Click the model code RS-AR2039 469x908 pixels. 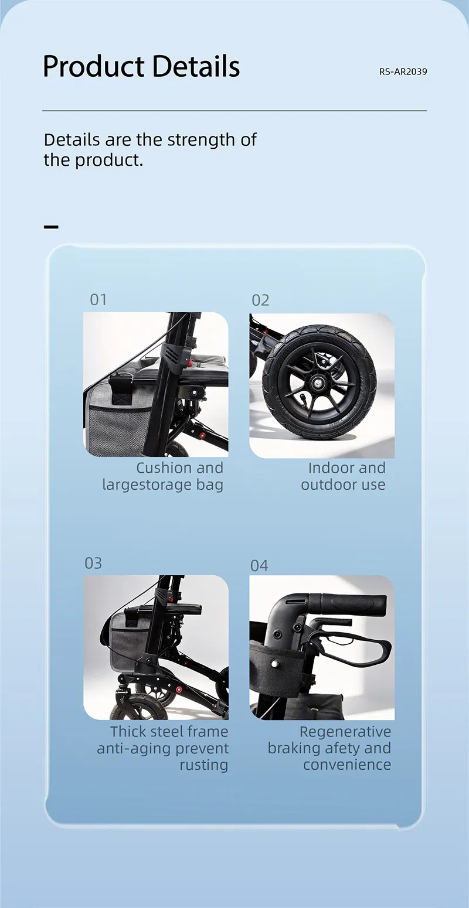[x=403, y=71]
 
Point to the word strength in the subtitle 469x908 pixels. [x=202, y=140]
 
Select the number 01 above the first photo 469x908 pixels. [x=98, y=300]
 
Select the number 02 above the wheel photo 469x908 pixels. [x=260, y=301]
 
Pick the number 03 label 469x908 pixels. [x=93, y=563]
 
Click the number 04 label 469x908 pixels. [x=259, y=565]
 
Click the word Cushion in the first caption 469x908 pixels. [x=164, y=468]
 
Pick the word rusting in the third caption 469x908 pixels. [x=203, y=765]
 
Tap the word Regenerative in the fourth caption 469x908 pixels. [x=345, y=732]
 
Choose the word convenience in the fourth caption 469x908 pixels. [x=347, y=765]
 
